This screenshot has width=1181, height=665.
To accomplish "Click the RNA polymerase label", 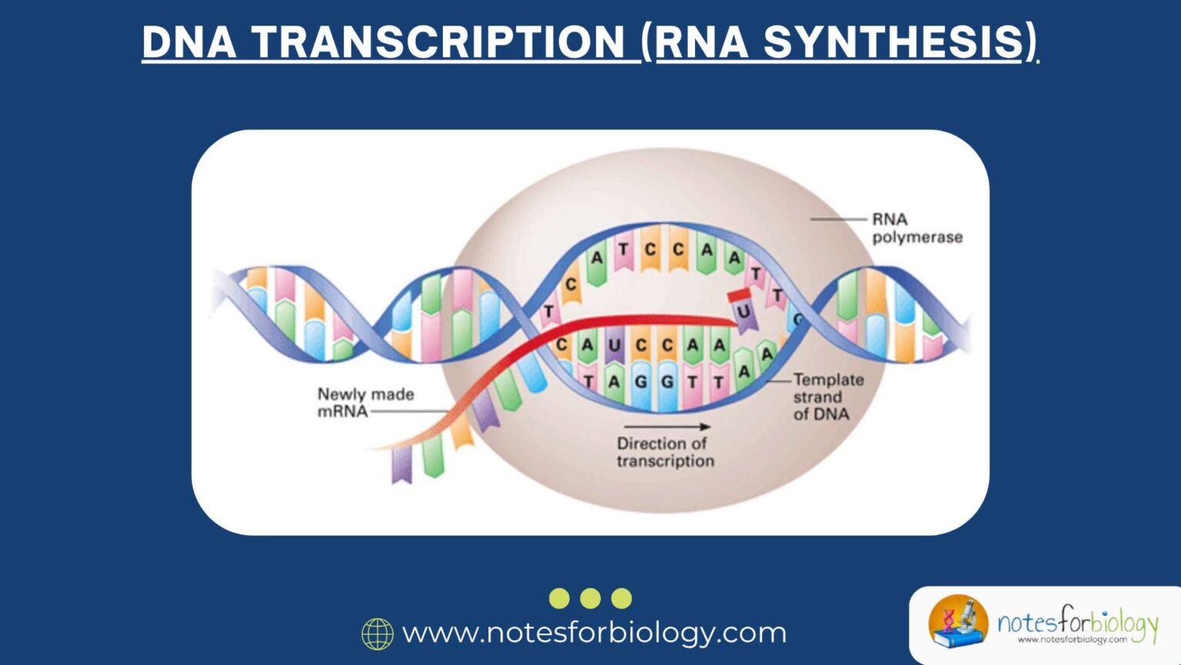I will pos(917,229).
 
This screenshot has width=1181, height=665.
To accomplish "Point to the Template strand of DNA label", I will pos(827,396).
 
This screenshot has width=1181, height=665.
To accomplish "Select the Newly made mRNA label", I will pos(364,403).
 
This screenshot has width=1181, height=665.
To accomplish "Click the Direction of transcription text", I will pos(665,452).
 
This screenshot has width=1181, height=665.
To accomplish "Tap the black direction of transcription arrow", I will pos(667,426).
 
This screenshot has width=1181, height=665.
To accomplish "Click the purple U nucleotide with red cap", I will pos(743,312).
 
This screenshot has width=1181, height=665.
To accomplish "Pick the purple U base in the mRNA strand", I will pos(614,346).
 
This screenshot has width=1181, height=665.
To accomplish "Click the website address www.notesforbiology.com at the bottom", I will pos(594,633).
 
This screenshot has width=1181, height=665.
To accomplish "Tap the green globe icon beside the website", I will pos(378,633).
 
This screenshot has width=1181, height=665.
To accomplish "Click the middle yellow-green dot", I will pos(590,598).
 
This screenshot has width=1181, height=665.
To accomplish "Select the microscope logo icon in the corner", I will pos(958,620).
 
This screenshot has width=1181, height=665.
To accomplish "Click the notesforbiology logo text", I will pos(1076,622).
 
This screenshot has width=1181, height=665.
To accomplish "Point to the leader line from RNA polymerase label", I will pos(838,219).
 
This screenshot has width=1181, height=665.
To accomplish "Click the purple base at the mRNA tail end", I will pos(402,465).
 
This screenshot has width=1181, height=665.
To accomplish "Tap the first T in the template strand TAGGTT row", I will pos(588,382).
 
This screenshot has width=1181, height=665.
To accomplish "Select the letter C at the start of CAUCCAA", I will pos(562,345).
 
